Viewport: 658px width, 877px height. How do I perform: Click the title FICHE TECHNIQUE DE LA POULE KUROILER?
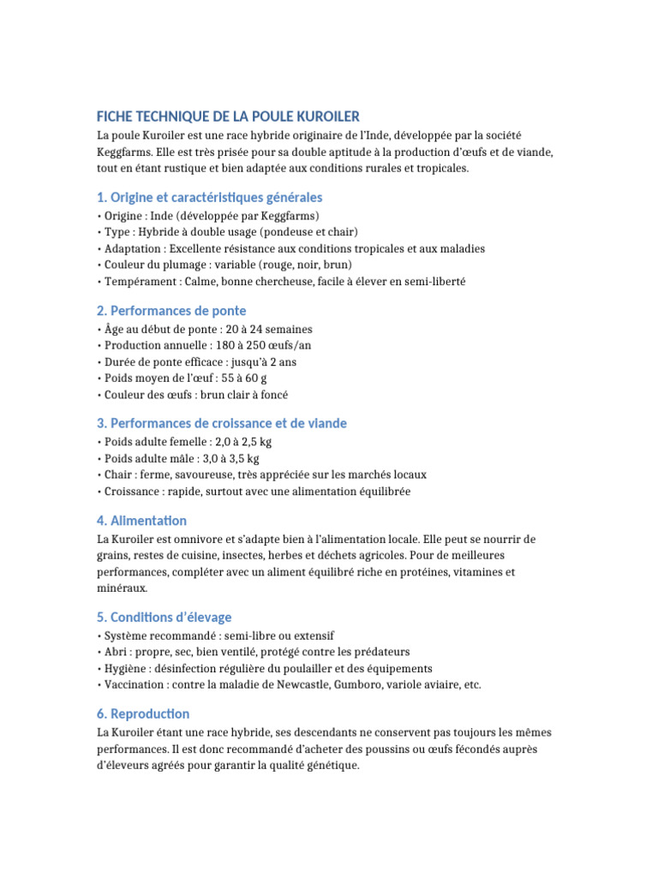[x=228, y=116]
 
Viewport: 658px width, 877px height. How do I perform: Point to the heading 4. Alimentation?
[x=141, y=520]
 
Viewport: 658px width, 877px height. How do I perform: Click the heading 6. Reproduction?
[x=143, y=713]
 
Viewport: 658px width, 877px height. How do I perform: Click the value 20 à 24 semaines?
[x=273, y=329]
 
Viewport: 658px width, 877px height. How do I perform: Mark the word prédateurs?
[x=380, y=652]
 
